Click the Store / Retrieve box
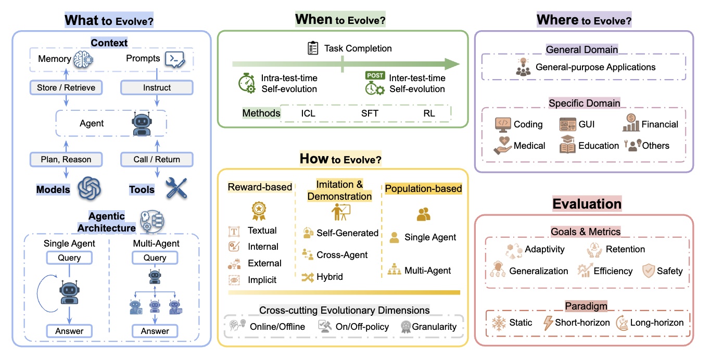[x=66, y=87]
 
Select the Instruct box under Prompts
[x=157, y=87]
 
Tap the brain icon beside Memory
[x=83, y=59]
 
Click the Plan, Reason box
[x=66, y=159]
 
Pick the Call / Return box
[x=157, y=159]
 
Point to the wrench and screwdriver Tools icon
[x=176, y=188]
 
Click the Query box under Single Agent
[x=69, y=258]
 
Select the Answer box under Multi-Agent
[x=155, y=331]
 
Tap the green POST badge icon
[x=375, y=75]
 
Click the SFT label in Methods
[x=370, y=113]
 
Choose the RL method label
[x=429, y=113]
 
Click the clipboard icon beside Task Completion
[x=313, y=48]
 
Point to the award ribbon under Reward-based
[x=259, y=211]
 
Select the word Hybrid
[x=329, y=277]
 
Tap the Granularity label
[x=434, y=327]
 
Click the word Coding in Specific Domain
[x=528, y=124]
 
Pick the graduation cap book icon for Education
[x=567, y=145]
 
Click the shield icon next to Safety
[x=649, y=271]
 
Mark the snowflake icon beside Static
[x=499, y=323]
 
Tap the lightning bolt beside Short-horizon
[x=548, y=323]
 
